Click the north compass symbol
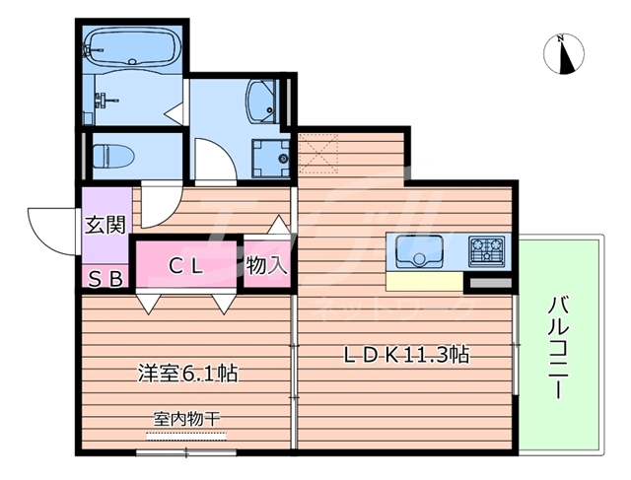coord(564,53)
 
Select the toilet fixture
coord(110,155)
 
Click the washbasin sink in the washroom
coord(262,101)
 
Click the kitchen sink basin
coord(421,253)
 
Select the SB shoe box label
coord(105,278)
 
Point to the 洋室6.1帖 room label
coord(186,374)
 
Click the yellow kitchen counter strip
coord(424,282)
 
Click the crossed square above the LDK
coord(319,152)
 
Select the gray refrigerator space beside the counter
coord(486,284)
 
